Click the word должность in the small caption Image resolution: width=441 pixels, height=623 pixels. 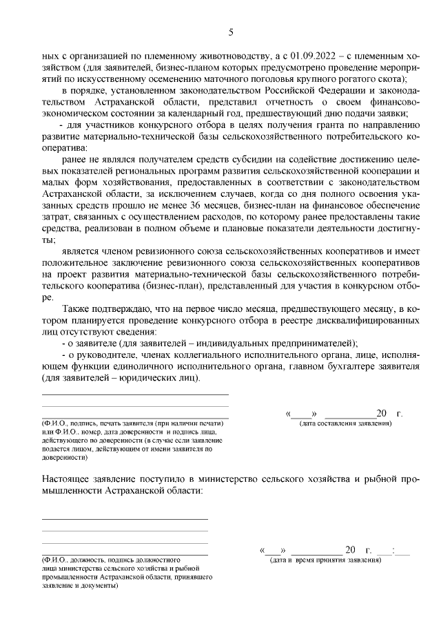tap(90, 560)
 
